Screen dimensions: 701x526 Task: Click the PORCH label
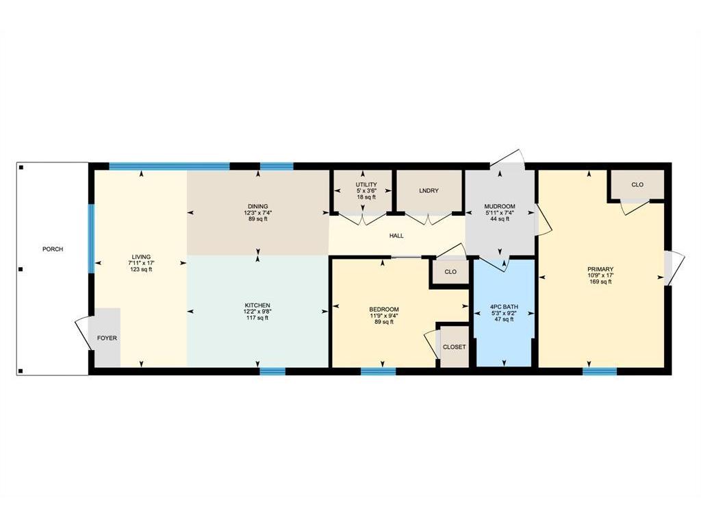pos(53,249)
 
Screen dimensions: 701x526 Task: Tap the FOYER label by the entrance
pos(107,338)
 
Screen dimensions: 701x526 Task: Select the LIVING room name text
pos(141,258)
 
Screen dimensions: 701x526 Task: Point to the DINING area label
pos(258,207)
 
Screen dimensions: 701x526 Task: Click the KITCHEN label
pos(257,305)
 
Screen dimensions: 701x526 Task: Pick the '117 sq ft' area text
pos(257,318)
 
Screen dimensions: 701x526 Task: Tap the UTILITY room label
pos(366,185)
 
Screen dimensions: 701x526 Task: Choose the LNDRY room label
pos(429,191)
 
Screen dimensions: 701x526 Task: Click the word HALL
pos(396,236)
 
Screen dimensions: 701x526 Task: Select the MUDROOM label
pos(500,207)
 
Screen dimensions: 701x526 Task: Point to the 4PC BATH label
pos(505,307)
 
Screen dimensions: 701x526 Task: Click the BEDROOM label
pos(384,310)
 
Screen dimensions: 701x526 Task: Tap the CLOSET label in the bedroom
pos(455,347)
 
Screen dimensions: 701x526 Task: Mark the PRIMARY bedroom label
pos(600,269)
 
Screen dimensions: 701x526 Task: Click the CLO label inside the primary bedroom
pos(637,185)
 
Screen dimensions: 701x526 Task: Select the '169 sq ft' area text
pos(600,281)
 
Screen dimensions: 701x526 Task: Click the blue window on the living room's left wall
pos(91,238)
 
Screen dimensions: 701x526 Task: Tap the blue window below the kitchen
pos(272,371)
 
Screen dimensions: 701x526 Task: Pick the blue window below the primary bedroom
pos(600,371)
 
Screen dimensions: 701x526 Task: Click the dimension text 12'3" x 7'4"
pos(258,213)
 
